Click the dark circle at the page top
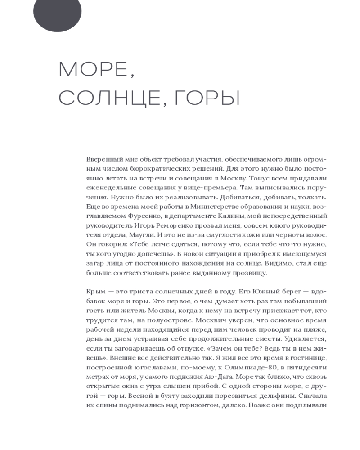coord(57,13)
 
